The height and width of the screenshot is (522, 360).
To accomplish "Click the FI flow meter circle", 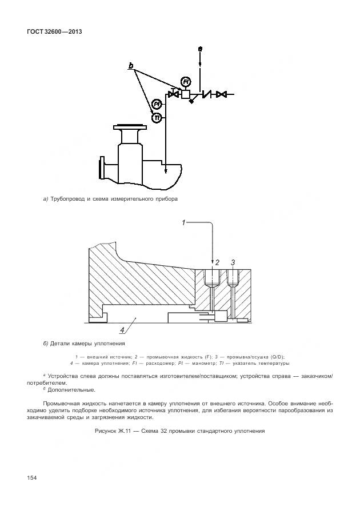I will point(185,81).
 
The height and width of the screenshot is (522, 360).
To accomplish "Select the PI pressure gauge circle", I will point(156,105).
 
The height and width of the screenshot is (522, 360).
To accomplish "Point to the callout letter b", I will point(131,66).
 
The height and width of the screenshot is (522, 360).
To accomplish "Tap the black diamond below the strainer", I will point(191,101).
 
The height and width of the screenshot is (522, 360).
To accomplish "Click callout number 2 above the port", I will point(217,262).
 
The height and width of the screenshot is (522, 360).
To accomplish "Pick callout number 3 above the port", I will point(233,262).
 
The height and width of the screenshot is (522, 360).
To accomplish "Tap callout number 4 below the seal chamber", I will point(121,329).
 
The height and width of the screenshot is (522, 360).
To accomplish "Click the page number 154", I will point(31,477).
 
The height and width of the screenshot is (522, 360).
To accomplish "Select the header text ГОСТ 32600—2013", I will point(54,31).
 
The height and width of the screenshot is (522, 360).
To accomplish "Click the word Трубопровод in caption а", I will point(67,199).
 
